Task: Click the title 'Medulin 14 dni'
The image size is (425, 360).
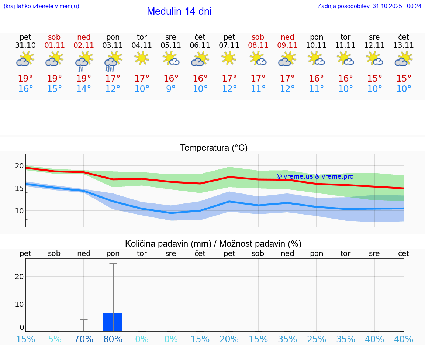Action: click(179, 11)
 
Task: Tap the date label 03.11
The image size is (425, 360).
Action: click(113, 45)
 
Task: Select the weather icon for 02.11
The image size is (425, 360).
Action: click(84, 61)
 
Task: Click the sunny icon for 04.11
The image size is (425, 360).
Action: click(142, 58)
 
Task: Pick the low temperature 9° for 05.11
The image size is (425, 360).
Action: click(171, 89)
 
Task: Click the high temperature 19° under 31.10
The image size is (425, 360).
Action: click(25, 79)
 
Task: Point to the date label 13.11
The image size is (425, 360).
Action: click(404, 45)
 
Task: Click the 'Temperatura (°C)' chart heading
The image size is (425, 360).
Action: click(214, 148)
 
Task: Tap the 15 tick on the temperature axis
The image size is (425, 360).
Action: click(19, 188)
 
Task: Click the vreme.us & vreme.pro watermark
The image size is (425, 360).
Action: click(315, 176)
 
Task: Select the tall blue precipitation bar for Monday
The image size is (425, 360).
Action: click(113, 322)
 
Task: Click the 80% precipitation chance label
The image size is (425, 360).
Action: click(113, 339)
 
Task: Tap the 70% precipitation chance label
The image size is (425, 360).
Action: click(84, 339)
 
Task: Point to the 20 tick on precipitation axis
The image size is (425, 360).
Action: click(19, 277)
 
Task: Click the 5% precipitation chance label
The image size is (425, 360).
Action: click(55, 339)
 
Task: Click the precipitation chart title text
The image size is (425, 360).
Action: click(213, 244)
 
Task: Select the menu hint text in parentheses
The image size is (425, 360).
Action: click(41, 6)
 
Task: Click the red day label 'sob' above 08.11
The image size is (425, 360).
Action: click(258, 37)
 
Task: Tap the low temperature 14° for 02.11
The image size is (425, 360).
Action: click(84, 89)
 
